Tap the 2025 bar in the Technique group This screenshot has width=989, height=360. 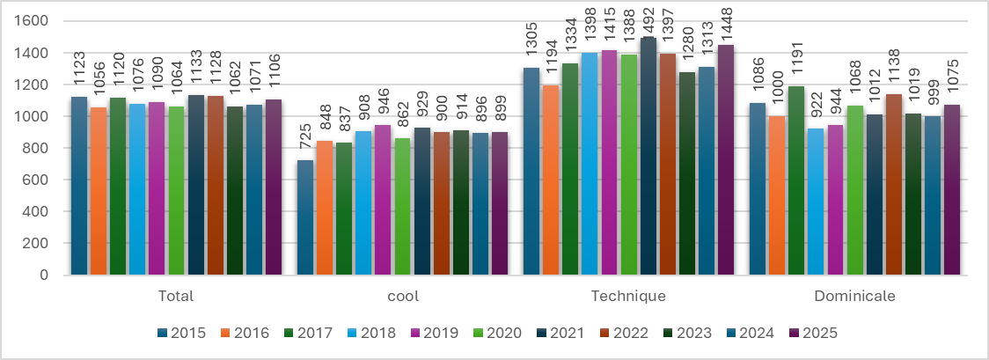[726, 160]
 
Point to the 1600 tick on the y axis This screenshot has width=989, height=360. [37, 21]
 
